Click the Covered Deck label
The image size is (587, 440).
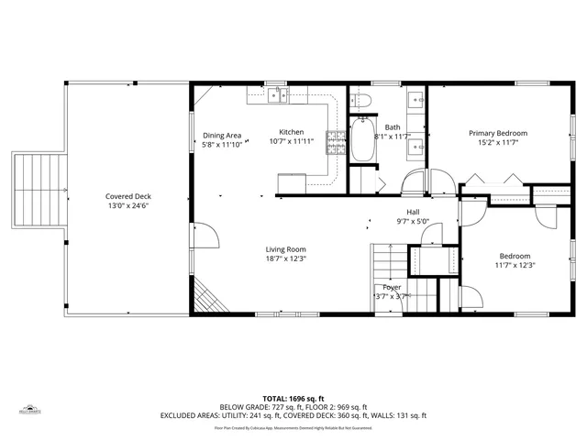127,196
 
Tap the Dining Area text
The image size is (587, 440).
221,136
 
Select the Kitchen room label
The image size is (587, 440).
292,132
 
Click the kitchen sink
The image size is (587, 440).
278,94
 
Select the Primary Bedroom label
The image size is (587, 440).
498,132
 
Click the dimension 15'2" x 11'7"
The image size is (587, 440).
498,142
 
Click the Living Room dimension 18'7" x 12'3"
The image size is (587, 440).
285,258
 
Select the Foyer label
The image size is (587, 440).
392,287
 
